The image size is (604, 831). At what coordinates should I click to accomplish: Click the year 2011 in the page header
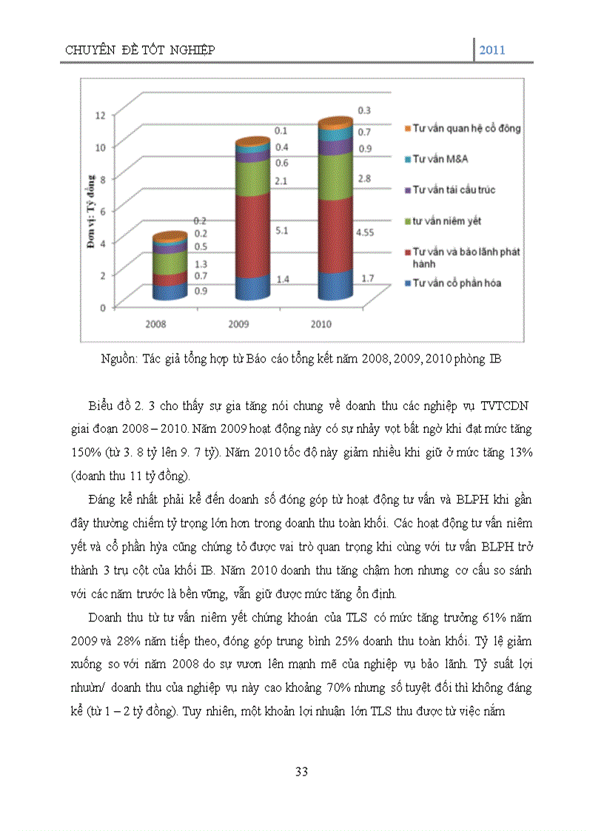492,50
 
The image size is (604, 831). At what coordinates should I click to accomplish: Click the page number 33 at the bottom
301,772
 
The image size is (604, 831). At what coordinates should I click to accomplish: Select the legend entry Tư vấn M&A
440,159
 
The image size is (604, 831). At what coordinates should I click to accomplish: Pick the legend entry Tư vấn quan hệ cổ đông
466,128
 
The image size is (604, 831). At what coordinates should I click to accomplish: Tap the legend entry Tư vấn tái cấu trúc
453,190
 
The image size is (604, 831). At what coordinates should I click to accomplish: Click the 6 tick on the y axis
103,211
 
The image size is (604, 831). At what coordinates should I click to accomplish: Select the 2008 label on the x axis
157,324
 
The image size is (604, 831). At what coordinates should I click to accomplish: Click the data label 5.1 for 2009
282,230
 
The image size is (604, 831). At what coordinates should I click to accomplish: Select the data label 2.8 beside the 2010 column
364,179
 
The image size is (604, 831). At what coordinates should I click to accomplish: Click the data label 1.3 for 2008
200,264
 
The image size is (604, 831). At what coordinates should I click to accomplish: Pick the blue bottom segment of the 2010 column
335,285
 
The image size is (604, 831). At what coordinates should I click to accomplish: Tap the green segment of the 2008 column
170,263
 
